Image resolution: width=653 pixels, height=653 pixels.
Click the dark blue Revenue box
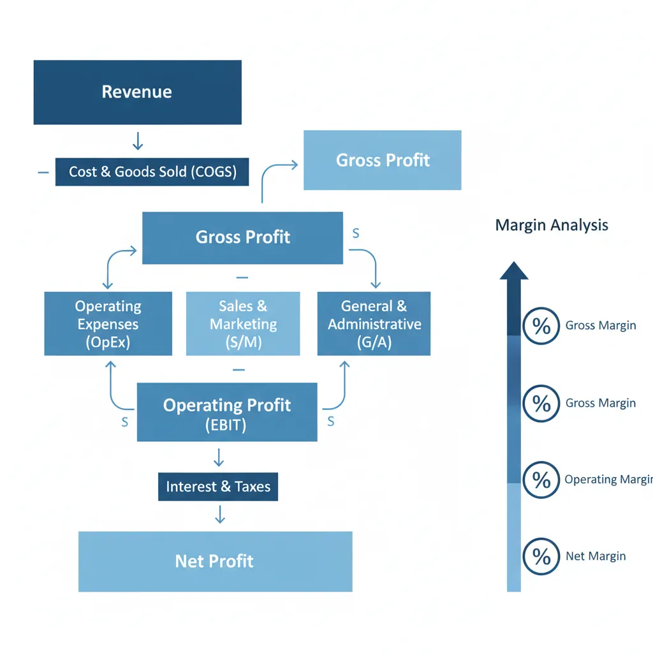click(137, 92)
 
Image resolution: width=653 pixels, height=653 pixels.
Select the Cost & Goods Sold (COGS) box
click(152, 172)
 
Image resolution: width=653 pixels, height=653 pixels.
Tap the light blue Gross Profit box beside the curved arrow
click(382, 160)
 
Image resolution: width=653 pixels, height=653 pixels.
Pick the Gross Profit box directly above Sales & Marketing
click(242, 238)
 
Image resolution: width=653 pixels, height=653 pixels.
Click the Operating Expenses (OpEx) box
click(108, 324)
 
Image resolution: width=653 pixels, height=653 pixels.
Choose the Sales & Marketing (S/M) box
click(243, 324)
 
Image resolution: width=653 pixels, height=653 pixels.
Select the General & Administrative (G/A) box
click(374, 324)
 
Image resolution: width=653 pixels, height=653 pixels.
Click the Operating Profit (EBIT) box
click(227, 412)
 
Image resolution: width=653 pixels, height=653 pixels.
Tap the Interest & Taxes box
click(218, 487)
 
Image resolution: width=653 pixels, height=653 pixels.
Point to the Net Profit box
click(215, 562)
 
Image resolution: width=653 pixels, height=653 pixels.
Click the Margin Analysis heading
click(552, 225)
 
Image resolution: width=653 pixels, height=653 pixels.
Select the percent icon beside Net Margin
click(541, 557)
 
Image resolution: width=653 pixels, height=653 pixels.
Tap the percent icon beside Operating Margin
click(541, 480)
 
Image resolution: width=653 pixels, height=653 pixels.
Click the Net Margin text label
click(596, 557)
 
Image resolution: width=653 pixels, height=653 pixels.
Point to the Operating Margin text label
click(608, 480)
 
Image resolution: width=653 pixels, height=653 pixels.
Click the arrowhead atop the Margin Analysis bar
click(514, 271)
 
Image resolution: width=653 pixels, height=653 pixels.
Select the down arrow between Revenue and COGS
click(137, 142)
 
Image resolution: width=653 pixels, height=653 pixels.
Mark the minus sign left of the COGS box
click(43, 172)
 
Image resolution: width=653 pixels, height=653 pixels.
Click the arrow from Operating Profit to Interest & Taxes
click(219, 457)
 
